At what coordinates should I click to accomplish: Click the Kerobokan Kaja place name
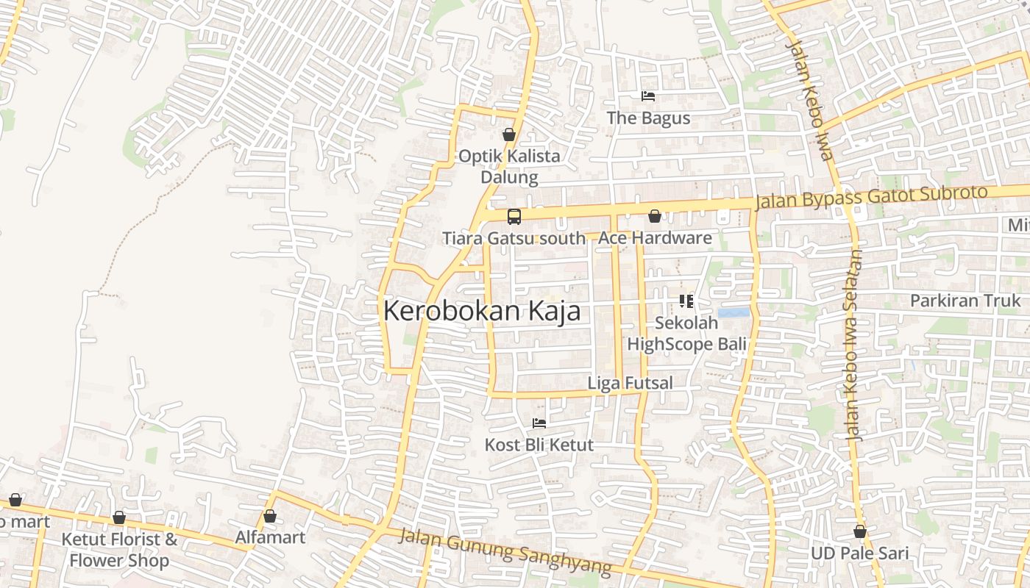(x=482, y=311)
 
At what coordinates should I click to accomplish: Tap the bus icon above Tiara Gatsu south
(x=514, y=217)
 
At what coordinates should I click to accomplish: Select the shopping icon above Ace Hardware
(x=654, y=216)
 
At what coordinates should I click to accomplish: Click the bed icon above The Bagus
(x=647, y=96)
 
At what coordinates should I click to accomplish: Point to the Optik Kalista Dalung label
(x=509, y=167)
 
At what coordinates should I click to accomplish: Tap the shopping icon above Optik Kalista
(x=508, y=135)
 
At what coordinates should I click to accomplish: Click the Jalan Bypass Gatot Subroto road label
(x=871, y=197)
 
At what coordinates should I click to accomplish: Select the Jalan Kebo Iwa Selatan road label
(x=854, y=345)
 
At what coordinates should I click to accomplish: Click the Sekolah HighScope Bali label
(x=686, y=334)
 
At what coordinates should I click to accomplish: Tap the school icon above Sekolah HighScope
(x=686, y=301)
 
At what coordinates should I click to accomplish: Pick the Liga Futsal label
(x=630, y=383)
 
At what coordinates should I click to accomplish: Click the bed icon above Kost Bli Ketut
(x=539, y=423)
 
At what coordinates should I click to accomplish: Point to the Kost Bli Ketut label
(x=539, y=445)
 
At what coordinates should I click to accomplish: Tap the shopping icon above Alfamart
(x=270, y=516)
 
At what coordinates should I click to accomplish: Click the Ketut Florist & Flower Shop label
(x=119, y=550)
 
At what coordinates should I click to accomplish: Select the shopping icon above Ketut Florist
(x=119, y=517)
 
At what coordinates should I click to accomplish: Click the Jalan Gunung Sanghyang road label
(x=505, y=551)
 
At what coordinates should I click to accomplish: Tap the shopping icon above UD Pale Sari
(x=859, y=531)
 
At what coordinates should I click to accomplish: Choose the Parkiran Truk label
(x=965, y=301)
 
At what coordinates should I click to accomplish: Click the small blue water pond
(x=734, y=312)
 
